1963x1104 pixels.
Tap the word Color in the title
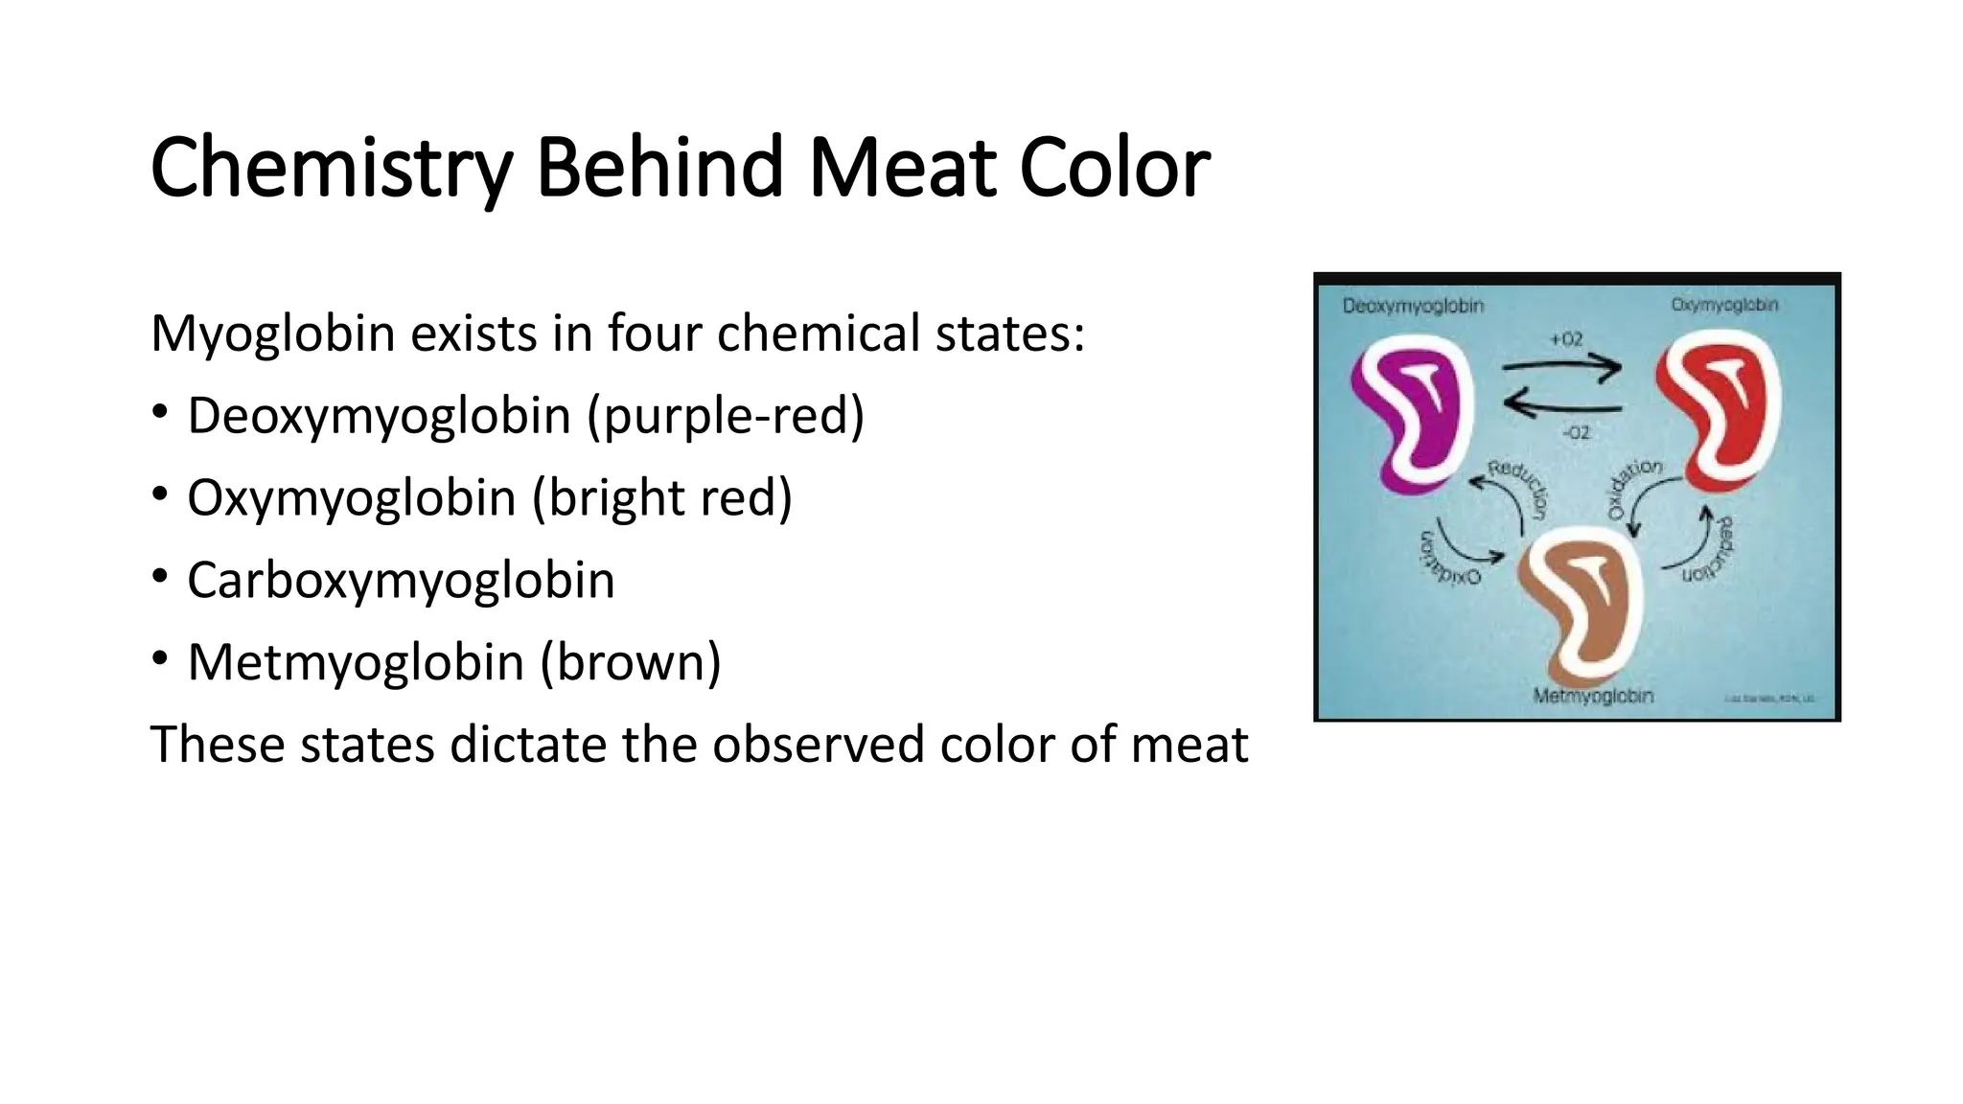pos(1114,169)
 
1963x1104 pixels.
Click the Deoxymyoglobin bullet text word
pos(379,416)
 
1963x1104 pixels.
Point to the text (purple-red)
pos(726,416)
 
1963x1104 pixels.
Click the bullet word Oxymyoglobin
pos(351,498)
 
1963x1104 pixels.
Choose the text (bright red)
pos(662,498)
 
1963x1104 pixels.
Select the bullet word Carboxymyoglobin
pos(401,581)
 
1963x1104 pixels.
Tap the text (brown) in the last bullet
pos(630,662)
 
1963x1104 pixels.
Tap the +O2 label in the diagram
pos(1566,340)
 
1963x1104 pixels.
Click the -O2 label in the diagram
pos(1576,433)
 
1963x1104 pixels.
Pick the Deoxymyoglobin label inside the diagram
pos(1413,307)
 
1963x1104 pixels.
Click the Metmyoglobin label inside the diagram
pos(1593,696)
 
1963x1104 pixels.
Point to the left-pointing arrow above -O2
pos(1562,406)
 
